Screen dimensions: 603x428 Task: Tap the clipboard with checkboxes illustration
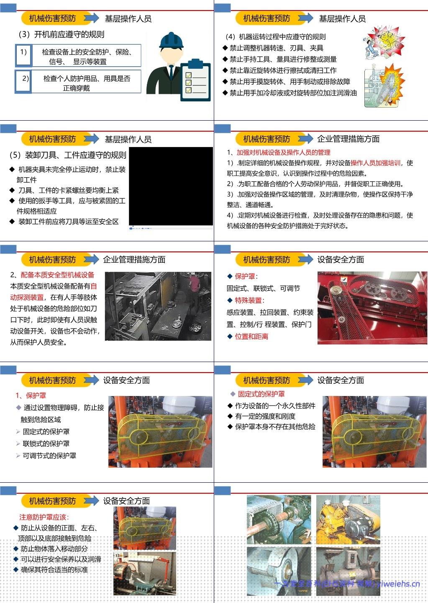(x=195, y=80)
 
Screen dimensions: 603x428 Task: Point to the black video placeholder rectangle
(x=171, y=186)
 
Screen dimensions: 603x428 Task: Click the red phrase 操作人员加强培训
(x=375, y=163)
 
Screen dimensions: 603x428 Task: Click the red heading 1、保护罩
(x=31, y=395)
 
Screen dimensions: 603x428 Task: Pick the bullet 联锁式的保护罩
(x=46, y=443)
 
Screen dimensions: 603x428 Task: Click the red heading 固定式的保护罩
(x=261, y=394)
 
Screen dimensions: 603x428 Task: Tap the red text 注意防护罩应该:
(x=44, y=517)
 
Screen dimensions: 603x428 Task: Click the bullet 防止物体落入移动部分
(x=54, y=549)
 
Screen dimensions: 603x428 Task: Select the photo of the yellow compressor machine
(x=348, y=519)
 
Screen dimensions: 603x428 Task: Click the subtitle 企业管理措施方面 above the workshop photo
(x=134, y=259)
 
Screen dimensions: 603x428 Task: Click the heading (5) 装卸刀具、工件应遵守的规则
(x=67, y=155)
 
